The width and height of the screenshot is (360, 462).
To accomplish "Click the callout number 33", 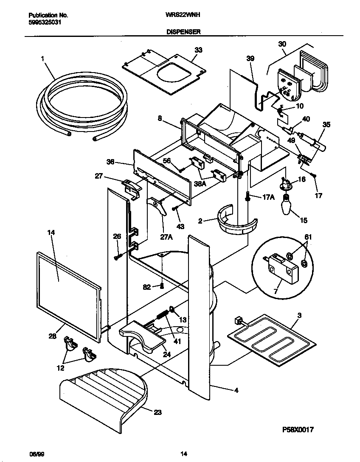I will [x=198, y=50].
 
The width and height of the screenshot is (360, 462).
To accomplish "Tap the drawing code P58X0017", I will [x=298, y=430].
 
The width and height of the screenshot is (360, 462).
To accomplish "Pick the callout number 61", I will [x=308, y=237].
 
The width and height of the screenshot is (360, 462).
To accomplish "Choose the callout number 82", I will [x=147, y=287].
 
